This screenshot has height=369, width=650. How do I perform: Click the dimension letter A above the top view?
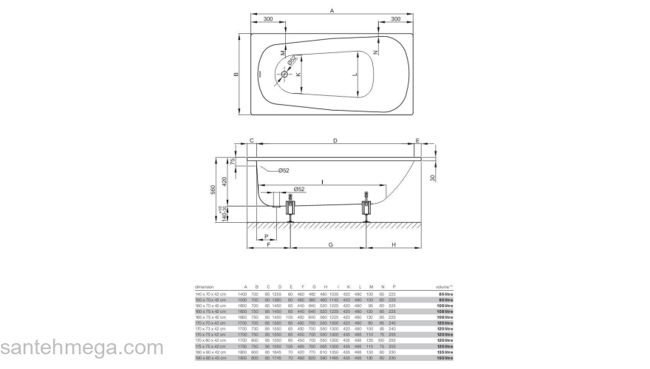point(332,10)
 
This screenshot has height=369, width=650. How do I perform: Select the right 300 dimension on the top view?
point(396,18)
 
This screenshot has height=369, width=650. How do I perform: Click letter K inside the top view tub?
point(298,75)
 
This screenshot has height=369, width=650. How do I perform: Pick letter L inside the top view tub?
point(355,75)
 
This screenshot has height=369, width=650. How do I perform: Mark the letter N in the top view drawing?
point(375,52)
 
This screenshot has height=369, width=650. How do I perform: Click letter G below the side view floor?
point(331,244)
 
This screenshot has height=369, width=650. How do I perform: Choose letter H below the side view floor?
point(394,244)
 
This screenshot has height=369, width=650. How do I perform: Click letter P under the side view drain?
point(266,235)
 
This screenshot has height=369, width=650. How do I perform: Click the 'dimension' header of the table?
point(205,286)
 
